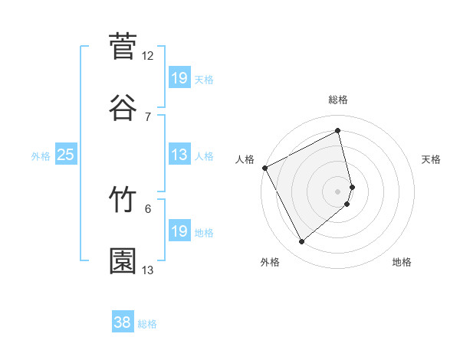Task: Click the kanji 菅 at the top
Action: pyautogui.click(x=123, y=46)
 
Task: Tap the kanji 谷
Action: pyautogui.click(x=123, y=106)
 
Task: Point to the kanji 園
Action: pyautogui.click(x=123, y=261)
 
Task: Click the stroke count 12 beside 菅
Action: pyautogui.click(x=148, y=56)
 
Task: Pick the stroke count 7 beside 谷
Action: pyautogui.click(x=148, y=116)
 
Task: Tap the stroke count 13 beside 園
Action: pyautogui.click(x=148, y=270)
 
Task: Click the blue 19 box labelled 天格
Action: pyautogui.click(x=179, y=77)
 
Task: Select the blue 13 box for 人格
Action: pyautogui.click(x=179, y=155)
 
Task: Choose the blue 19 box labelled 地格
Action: pyautogui.click(x=179, y=231)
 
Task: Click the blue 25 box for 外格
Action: pyautogui.click(x=65, y=155)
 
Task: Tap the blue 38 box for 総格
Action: pyautogui.click(x=123, y=323)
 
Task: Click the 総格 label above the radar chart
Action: pyautogui.click(x=338, y=100)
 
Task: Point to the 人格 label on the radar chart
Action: pyautogui.click(x=245, y=159)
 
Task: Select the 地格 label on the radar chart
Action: pyautogui.click(x=402, y=262)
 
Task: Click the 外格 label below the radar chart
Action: pyautogui.click(x=270, y=262)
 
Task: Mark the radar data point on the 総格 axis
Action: pyautogui.click(x=338, y=131)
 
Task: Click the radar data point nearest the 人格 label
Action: pyautogui.click(x=264, y=168)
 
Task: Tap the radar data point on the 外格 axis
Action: pyautogui.click(x=301, y=242)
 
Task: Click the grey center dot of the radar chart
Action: pyautogui.click(x=338, y=191)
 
